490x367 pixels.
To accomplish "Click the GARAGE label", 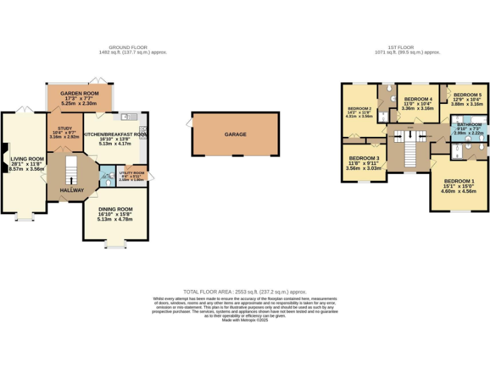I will point(235,134).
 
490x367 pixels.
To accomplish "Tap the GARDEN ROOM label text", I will point(78,94).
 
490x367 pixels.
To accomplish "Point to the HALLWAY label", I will point(71,190).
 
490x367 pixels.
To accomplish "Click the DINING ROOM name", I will point(115,209).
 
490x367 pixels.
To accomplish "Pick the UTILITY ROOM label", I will point(132,173).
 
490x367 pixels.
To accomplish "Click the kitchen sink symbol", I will point(127,117).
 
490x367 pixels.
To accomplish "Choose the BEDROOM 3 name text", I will point(364,158).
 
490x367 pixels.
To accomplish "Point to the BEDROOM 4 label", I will point(419,99).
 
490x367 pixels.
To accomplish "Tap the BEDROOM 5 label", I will point(468,95).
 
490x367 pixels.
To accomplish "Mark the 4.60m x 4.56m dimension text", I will point(459,191).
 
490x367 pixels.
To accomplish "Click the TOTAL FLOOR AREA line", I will point(245,290).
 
